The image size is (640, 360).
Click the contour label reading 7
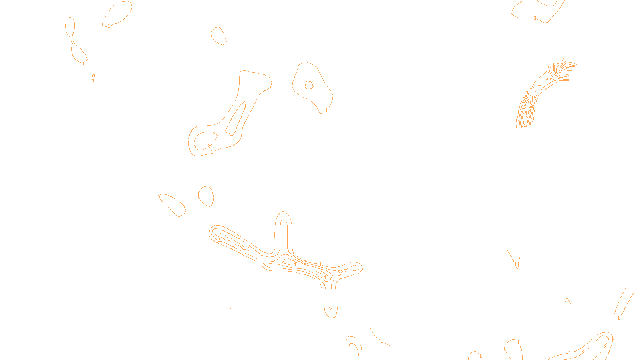(x=564, y=71)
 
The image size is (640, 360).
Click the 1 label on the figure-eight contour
(x=83, y=63)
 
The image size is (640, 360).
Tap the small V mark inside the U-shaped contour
(x=330, y=308)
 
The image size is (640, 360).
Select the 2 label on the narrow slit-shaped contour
(x=228, y=135)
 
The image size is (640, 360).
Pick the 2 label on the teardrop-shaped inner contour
(x=208, y=146)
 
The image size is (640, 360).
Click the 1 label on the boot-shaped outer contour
(x=212, y=152)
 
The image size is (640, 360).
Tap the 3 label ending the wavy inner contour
(x=248, y=249)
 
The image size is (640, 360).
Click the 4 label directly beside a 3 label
(x=325, y=277)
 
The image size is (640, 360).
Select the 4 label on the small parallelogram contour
(x=295, y=264)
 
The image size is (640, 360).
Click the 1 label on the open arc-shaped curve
(x=382, y=341)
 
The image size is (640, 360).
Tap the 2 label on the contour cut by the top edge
(x=556, y=2)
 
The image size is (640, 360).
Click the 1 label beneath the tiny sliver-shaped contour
(x=93, y=81)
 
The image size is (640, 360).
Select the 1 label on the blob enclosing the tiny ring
(x=326, y=110)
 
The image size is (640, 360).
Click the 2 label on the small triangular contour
(x=342, y=272)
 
